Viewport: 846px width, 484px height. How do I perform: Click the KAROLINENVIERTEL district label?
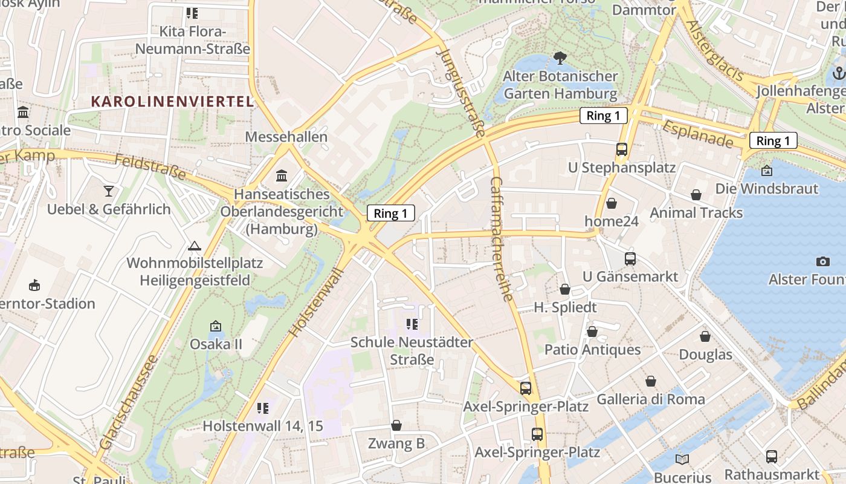172,101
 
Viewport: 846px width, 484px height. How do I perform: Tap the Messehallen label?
286,137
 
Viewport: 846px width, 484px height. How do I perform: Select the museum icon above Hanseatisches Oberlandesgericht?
282,176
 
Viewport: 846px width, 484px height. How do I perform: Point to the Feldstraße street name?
150,166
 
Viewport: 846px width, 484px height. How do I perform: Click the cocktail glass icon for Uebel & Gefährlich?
109,191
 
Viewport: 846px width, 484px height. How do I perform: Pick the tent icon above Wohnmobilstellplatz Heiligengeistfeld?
194,246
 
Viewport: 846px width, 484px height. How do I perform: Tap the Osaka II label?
216,344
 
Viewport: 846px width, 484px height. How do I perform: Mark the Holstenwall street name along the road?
316,302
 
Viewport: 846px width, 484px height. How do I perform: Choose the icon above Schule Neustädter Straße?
412,324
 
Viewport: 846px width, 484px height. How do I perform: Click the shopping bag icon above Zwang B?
396,426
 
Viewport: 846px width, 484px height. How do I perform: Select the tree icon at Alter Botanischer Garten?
560,59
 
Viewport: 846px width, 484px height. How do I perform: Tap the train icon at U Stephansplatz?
622,149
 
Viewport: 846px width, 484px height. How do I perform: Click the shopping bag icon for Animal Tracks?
696,195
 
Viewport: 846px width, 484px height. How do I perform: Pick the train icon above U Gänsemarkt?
630,259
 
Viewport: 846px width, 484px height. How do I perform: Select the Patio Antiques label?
592,350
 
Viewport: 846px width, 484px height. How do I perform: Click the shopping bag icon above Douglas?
705,336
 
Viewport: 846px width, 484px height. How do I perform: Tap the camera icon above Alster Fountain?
822,261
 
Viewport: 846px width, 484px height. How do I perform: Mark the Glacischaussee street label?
128,402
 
